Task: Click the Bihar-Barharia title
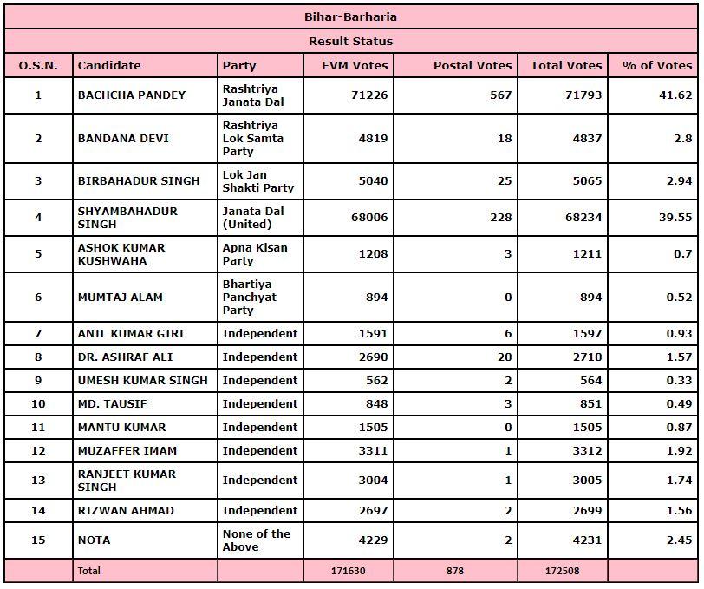pos(351,16)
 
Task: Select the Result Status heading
pos(351,41)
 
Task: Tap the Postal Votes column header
pos(473,65)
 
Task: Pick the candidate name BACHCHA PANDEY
pos(132,95)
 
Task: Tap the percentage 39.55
pos(675,218)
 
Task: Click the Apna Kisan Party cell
pos(255,254)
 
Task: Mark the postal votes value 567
pos(500,95)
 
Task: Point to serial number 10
pos(38,404)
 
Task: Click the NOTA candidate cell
pos(94,540)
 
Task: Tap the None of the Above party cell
pos(256,540)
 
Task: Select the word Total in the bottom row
pos(89,571)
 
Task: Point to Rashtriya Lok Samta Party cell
pos(253,139)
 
